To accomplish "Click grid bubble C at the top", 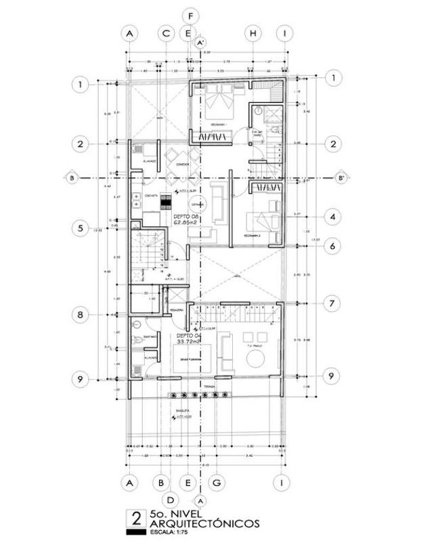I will click(166, 33).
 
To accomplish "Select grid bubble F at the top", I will click(192, 16).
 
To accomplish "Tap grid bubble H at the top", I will click(252, 33).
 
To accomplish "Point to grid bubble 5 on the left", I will click(81, 228).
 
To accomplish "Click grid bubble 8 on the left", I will click(81, 315).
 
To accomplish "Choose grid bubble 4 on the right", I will click(332, 217).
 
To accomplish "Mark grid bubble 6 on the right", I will click(332, 246).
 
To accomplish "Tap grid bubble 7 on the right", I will click(332, 304).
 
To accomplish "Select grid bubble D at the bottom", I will click(171, 500).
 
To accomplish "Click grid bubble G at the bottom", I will click(217, 483).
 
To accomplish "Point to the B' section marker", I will click(342, 179).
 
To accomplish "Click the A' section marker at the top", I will click(200, 43).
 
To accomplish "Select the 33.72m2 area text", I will click(189, 342).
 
